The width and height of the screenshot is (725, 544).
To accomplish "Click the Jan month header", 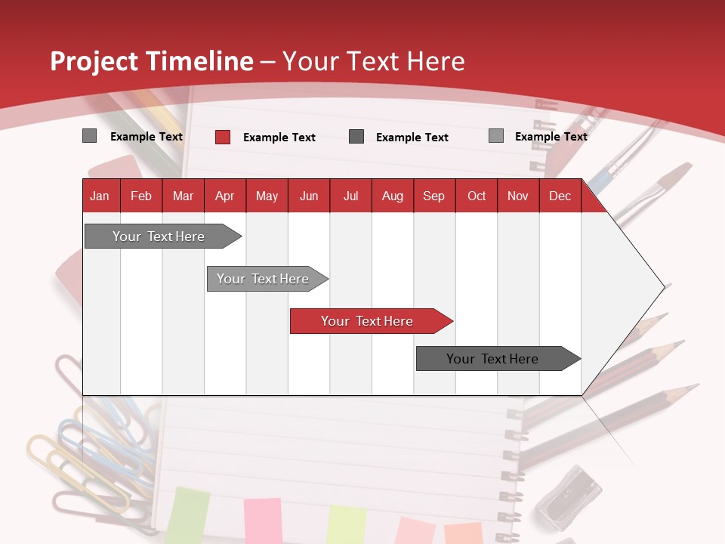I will pyautogui.click(x=100, y=196).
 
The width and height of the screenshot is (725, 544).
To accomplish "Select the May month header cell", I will pyautogui.click(x=267, y=196).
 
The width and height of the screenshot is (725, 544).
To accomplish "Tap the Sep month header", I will pyautogui.click(x=433, y=196).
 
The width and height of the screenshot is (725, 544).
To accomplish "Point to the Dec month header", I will pyautogui.click(x=560, y=196).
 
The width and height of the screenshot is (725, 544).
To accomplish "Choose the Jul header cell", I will pyautogui.click(x=350, y=196).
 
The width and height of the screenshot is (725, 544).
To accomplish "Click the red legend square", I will pyautogui.click(x=223, y=137).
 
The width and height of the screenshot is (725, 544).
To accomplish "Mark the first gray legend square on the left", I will pyautogui.click(x=90, y=136).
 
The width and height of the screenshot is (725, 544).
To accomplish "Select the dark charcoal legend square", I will pyautogui.click(x=356, y=137).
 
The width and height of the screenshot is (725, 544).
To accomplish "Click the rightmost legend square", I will pyautogui.click(x=496, y=136).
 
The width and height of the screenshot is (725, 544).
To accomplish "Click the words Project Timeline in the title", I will pyautogui.click(x=152, y=61).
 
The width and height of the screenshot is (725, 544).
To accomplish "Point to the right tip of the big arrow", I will pyautogui.click(x=665, y=286).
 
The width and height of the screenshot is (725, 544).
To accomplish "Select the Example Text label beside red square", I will pyautogui.click(x=279, y=137).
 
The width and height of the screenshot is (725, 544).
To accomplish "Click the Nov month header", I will pyautogui.click(x=517, y=196).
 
